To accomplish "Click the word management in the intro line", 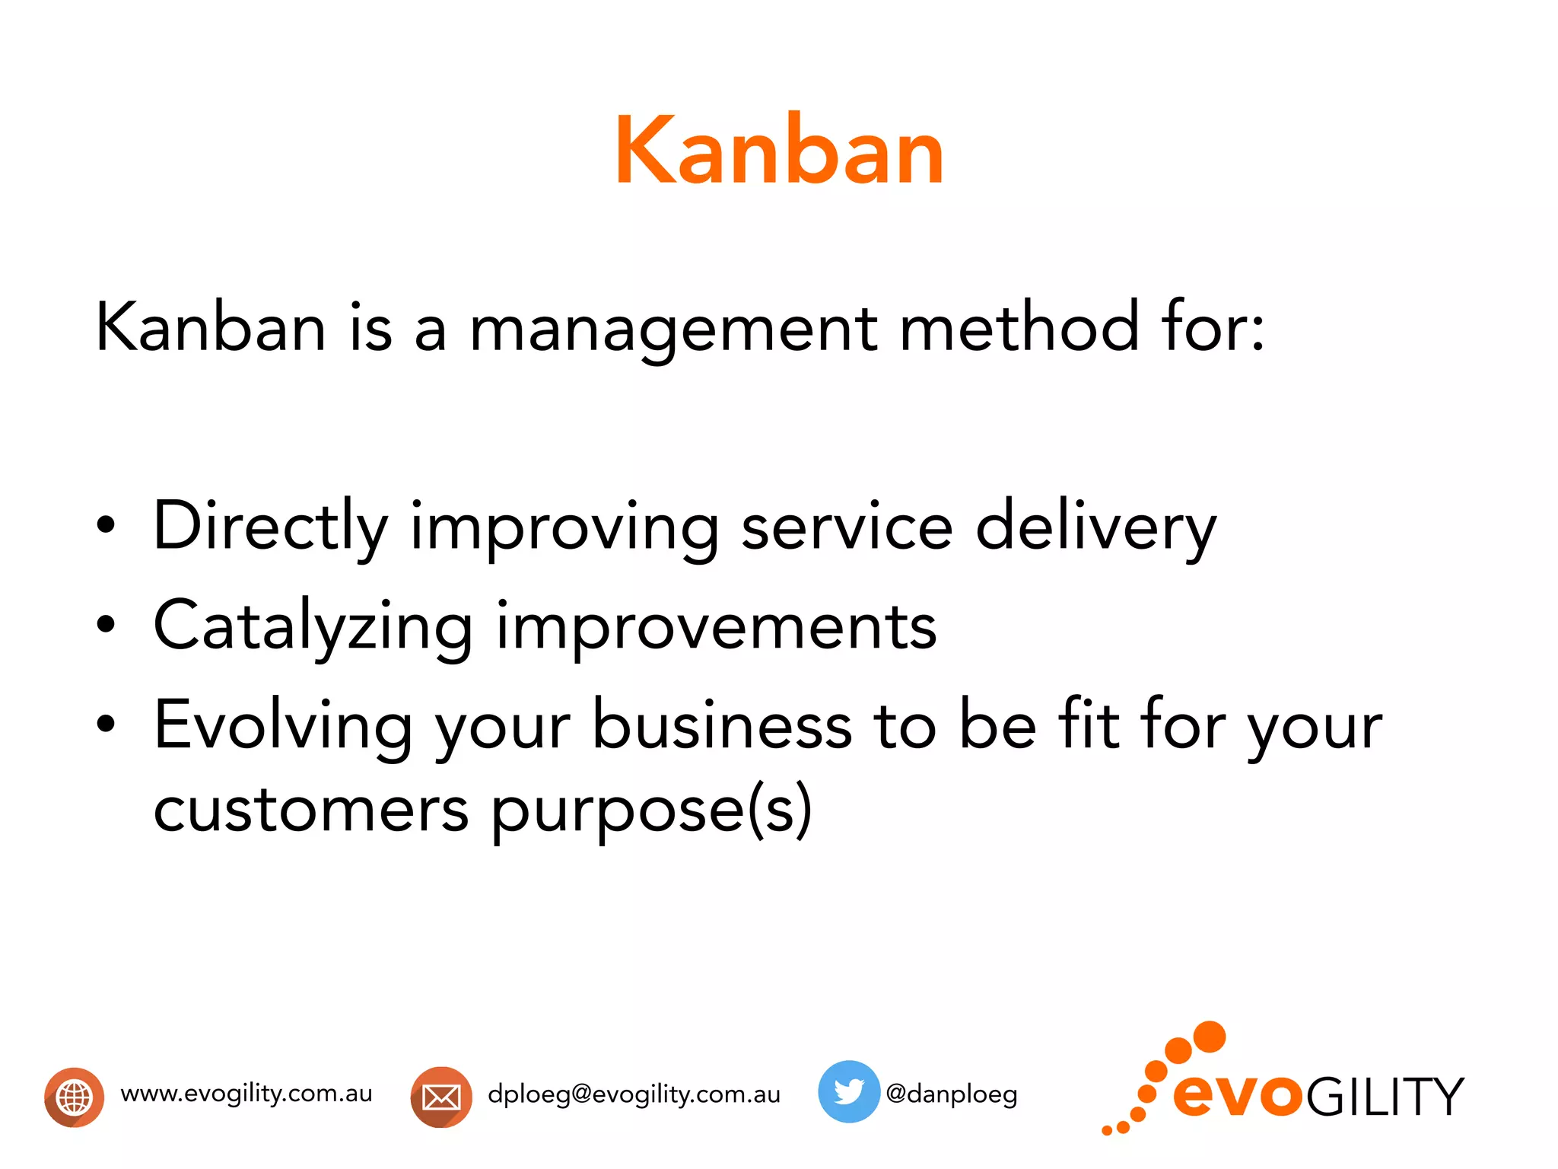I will (673, 329).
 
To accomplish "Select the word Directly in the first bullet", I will (270, 527).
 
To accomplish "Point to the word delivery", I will (1095, 527).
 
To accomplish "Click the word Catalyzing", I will (313, 626).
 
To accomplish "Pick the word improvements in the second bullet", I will (716, 626).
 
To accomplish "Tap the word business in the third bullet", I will (722, 725).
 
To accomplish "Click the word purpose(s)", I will (651, 810).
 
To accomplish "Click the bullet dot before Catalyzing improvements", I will (107, 625).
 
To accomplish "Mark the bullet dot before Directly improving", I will (107, 525).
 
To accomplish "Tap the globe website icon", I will (74, 1097).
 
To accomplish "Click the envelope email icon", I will (441, 1097).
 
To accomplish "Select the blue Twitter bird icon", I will (848, 1091).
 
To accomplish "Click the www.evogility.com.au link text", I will (246, 1094).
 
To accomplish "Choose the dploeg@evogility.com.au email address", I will (634, 1094).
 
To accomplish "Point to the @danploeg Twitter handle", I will (951, 1094).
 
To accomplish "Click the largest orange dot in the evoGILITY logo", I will (1209, 1037).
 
